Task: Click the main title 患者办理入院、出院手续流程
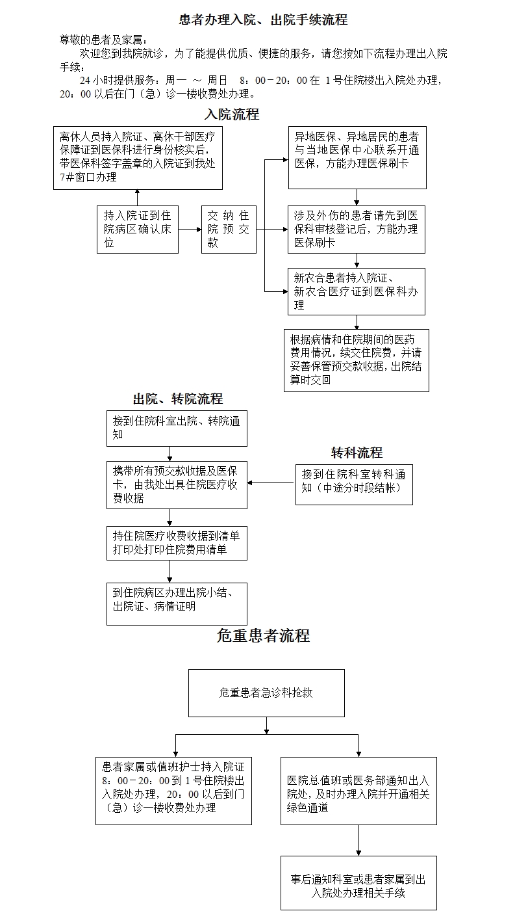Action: click(263, 20)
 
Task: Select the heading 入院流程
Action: click(232, 114)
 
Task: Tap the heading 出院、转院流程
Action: click(177, 399)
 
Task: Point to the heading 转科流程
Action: click(357, 453)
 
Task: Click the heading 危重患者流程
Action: click(263, 635)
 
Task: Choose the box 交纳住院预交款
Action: click(229, 230)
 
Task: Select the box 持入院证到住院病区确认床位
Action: click(138, 230)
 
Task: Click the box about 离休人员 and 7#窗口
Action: click(138, 157)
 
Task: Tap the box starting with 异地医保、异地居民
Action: click(357, 157)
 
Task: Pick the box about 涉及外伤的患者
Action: click(357, 230)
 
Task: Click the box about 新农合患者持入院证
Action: click(357, 291)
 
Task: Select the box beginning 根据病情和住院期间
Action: click(357, 360)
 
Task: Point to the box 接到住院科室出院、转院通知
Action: click(177, 428)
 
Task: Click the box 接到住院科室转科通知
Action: click(354, 484)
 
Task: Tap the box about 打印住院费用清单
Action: click(177, 543)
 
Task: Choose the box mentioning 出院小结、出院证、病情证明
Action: click(177, 603)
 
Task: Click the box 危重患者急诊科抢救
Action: click(266, 693)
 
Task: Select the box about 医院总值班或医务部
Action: click(358, 791)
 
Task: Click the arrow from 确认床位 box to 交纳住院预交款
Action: click(190, 230)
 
